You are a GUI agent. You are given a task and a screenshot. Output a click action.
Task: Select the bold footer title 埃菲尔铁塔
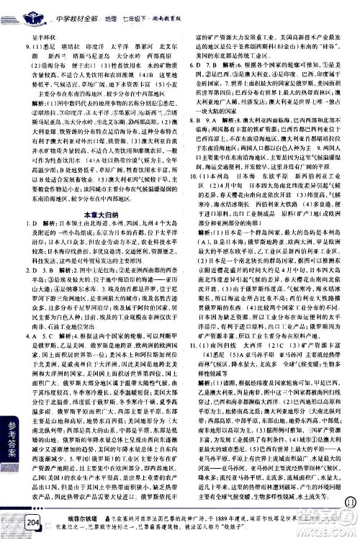(x=66, y=518)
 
